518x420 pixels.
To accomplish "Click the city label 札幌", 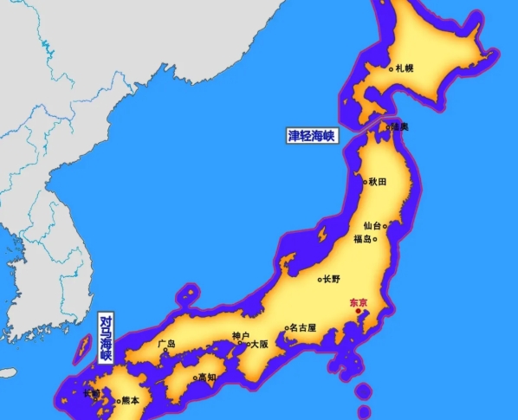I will (x=405, y=68).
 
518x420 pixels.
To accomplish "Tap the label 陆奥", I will (x=399, y=126).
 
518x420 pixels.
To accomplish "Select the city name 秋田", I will (x=378, y=182).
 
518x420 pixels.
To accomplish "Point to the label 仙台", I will (x=372, y=225).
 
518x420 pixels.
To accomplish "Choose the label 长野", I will (x=333, y=279).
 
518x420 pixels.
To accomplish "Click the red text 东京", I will (x=358, y=302).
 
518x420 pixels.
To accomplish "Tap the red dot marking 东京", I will (x=357, y=311).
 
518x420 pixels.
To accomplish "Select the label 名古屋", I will (x=303, y=328).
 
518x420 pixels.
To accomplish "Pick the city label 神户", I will (x=241, y=336).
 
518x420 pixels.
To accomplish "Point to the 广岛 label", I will (x=166, y=344).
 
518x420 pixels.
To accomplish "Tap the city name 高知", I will (x=207, y=377).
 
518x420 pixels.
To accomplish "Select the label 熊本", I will (x=130, y=400).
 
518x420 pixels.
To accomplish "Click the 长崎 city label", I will (x=92, y=394).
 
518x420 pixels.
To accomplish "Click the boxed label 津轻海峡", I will (x=312, y=136).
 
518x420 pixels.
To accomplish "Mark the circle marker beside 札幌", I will (x=392, y=68).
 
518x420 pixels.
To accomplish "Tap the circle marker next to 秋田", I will (x=365, y=182).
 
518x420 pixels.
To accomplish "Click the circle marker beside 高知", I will (x=195, y=378).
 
